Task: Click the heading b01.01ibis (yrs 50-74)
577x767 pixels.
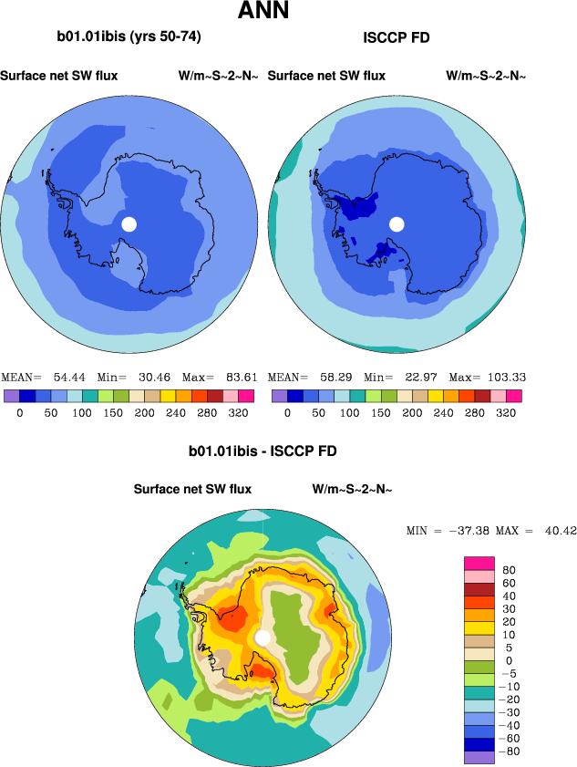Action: coord(129,37)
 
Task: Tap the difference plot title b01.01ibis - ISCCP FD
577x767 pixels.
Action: coord(263,451)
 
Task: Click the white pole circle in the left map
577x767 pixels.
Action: coord(129,223)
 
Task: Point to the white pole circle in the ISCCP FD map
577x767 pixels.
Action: coord(397,223)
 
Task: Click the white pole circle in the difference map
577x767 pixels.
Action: coord(263,637)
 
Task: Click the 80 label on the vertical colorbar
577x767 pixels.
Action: coord(510,570)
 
